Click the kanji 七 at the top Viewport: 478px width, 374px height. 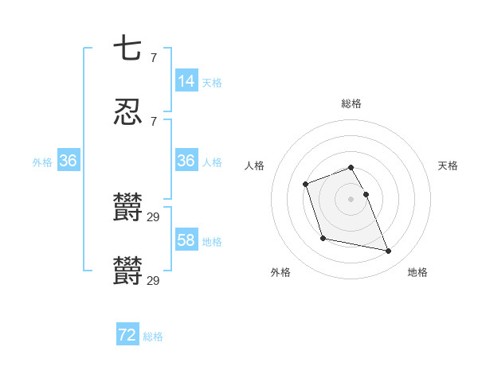(127, 49)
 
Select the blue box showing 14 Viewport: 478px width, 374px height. (186, 80)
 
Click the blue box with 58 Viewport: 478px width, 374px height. (186, 240)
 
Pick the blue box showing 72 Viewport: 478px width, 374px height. (127, 335)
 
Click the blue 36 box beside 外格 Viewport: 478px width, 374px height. (69, 161)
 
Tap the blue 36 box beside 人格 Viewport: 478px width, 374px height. (186, 161)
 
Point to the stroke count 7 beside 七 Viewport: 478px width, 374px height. (153, 58)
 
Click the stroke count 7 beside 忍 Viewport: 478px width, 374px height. (153, 121)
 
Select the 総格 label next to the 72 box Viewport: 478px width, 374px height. (153, 337)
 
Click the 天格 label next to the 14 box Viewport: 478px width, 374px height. (212, 82)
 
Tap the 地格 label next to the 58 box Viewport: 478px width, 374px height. (212, 242)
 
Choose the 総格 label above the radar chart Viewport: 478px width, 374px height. (351, 103)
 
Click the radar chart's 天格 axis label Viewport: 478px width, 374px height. (448, 166)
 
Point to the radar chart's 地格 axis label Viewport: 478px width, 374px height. (417, 273)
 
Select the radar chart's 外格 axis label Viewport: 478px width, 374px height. (280, 273)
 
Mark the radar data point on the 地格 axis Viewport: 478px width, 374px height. (389, 251)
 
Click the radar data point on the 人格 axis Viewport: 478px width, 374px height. (306, 185)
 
